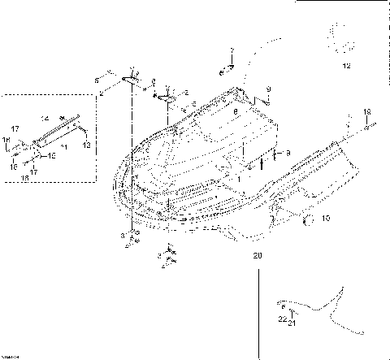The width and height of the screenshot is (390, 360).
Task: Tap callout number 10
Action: point(327,218)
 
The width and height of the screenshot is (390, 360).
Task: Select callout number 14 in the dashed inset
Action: point(45,119)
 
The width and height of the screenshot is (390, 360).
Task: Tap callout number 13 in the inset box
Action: point(87,145)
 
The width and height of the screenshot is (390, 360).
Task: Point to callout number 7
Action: point(232,51)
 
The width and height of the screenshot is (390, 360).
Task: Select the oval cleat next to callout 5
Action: point(129,80)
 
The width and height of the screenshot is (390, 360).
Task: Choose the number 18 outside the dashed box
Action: point(366,111)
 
